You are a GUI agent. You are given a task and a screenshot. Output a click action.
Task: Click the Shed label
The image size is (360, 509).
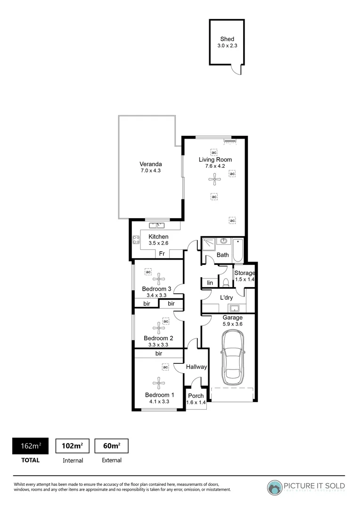[x=227, y=39]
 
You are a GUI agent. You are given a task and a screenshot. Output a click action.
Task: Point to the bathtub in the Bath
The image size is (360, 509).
[x=238, y=249]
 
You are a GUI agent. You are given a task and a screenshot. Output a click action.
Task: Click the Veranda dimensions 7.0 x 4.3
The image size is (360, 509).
[x=151, y=171]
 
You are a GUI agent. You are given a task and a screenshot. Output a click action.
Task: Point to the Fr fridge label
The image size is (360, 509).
[x=161, y=254]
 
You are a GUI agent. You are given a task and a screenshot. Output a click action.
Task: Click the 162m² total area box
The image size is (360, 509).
[x=30, y=446]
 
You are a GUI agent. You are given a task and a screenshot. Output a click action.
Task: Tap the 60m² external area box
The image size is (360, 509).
[x=111, y=446]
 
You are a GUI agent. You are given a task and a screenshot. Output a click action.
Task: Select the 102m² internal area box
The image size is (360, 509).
[x=73, y=446]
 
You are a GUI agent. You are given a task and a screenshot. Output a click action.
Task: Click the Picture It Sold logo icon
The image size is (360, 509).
[x=275, y=487]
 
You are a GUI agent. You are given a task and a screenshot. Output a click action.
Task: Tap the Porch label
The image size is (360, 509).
[x=196, y=396]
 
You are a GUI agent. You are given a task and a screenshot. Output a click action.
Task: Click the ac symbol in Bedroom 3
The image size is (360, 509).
[x=148, y=272]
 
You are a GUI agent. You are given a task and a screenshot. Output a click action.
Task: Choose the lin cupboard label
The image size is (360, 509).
[x=210, y=283]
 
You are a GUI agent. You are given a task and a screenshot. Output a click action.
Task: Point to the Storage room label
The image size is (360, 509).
[x=245, y=273]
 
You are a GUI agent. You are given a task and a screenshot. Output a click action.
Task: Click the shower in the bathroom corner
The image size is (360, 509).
[x=208, y=244]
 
